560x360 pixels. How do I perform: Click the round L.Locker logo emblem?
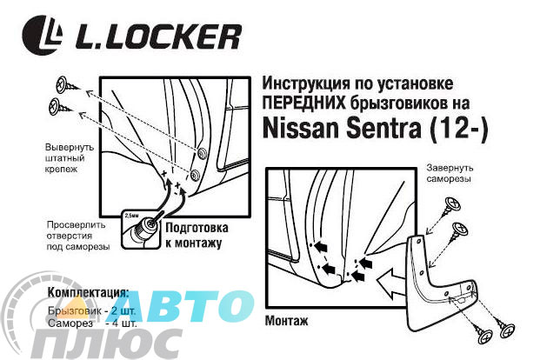pyautogui.click(x=42, y=35)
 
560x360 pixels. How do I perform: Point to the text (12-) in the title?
pyautogui.click(x=458, y=129)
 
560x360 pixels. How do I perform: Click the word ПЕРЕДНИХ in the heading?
pyautogui.click(x=304, y=103)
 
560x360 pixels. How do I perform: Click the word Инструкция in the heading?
pyautogui.click(x=306, y=83)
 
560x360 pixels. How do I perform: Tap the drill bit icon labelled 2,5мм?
pyautogui.click(x=141, y=229)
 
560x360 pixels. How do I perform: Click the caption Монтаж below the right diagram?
pyautogui.click(x=286, y=320)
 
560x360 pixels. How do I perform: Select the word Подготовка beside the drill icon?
pyautogui.click(x=197, y=228)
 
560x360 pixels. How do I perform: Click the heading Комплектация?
pyautogui.click(x=88, y=292)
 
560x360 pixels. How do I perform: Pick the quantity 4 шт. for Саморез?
pyautogui.click(x=124, y=323)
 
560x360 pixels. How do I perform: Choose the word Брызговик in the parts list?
pyautogui.click(x=75, y=311)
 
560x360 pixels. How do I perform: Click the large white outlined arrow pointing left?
pyautogui.click(x=390, y=284)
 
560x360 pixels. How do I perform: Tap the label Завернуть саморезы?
pyautogui.click(x=450, y=173)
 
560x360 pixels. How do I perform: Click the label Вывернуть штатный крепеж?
pyautogui.click(x=70, y=158)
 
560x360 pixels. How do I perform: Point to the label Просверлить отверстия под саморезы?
pyautogui.click(x=78, y=236)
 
